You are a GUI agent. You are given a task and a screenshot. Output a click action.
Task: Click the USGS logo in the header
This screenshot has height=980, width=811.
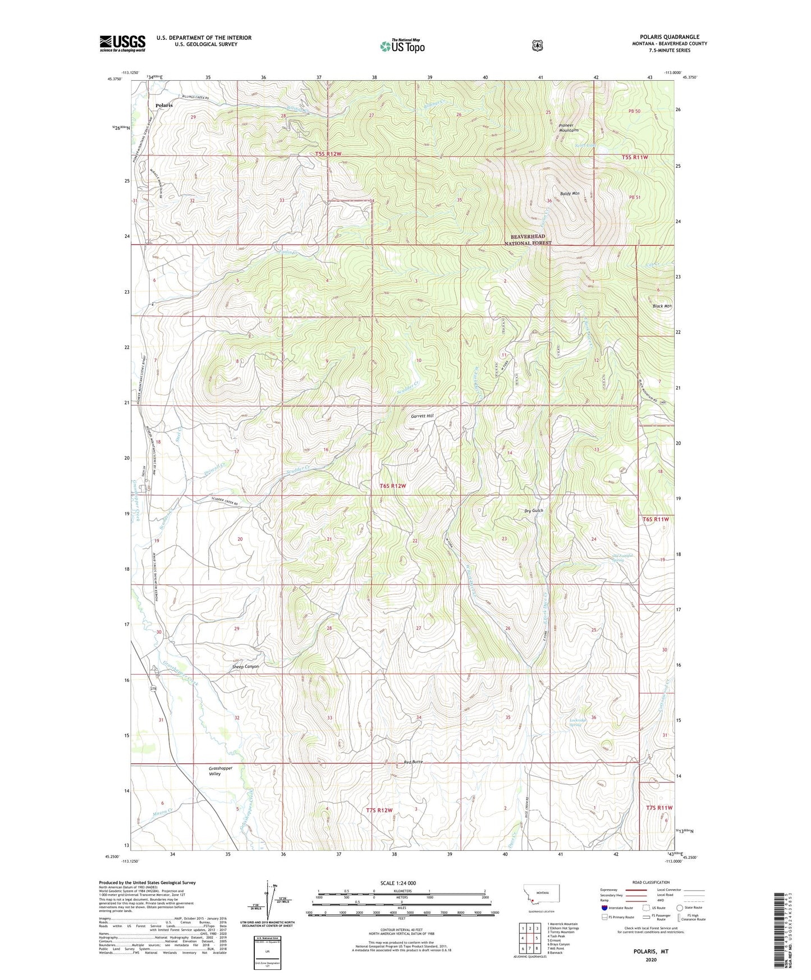(x=122, y=43)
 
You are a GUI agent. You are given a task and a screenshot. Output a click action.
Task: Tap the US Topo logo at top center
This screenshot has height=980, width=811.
(x=401, y=46)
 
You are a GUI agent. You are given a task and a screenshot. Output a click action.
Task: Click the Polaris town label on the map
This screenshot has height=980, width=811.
(x=164, y=105)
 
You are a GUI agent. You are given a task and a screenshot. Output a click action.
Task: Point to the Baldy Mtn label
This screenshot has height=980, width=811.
(x=569, y=194)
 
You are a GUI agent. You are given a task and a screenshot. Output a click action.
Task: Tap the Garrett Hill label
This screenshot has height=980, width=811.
(x=422, y=416)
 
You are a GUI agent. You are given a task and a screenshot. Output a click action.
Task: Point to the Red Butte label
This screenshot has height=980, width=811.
(x=413, y=762)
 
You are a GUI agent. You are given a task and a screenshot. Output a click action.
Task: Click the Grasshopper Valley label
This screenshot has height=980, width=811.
(x=220, y=771)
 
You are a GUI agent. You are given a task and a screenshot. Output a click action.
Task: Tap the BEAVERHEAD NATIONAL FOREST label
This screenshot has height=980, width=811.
(x=528, y=240)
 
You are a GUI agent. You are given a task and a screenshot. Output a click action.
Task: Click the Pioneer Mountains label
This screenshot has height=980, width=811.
(x=569, y=127)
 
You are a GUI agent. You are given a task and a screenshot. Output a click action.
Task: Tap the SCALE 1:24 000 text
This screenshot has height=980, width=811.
(x=398, y=883)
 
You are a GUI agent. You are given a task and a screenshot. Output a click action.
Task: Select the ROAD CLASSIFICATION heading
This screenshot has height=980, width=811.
(x=651, y=882)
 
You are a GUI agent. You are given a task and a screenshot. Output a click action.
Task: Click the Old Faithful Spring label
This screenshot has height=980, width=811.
(x=622, y=558)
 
